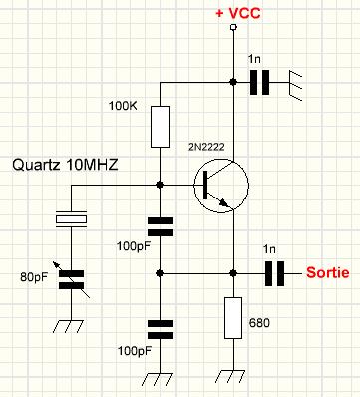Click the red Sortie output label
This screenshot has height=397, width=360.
(326, 272)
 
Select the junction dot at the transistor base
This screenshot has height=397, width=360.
(160, 184)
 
